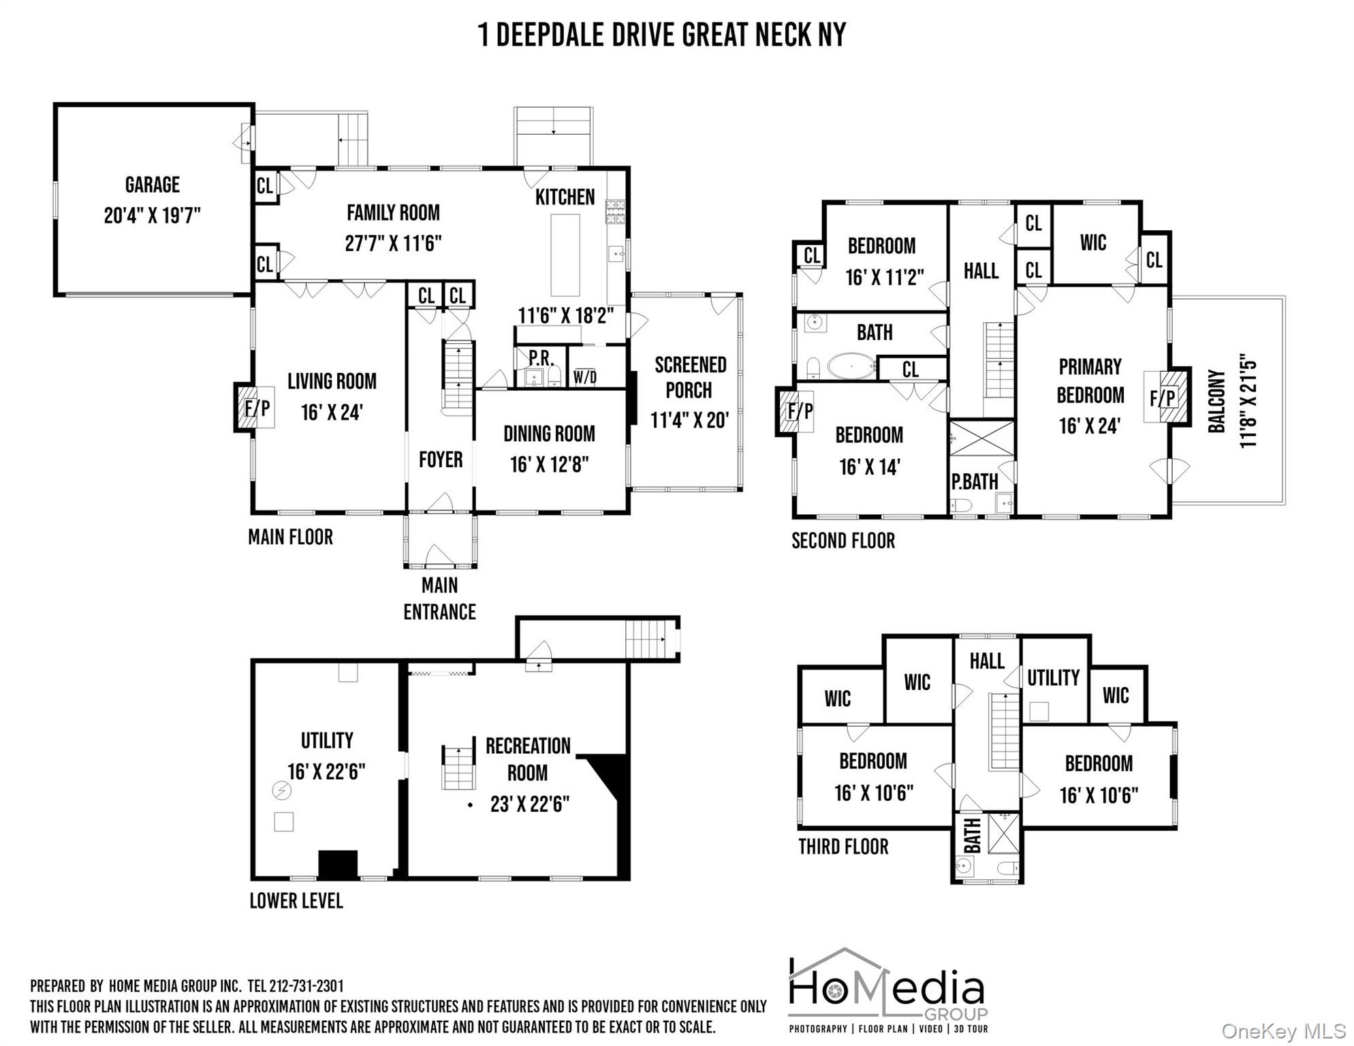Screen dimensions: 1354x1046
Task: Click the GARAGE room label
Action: pyautogui.click(x=152, y=185)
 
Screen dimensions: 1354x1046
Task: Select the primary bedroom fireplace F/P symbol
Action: pyautogui.click(x=1166, y=398)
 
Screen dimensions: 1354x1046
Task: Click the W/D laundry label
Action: pyautogui.click(x=585, y=377)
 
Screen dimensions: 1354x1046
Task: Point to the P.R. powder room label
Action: pyautogui.click(x=541, y=358)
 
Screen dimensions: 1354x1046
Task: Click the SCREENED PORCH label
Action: pyautogui.click(x=690, y=377)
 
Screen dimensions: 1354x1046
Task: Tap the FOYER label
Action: pyautogui.click(x=441, y=460)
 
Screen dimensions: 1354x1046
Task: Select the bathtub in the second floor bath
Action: pyautogui.click(x=852, y=366)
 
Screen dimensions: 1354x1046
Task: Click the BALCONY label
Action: pyautogui.click(x=1217, y=401)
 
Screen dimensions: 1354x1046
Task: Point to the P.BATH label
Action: pyautogui.click(x=975, y=481)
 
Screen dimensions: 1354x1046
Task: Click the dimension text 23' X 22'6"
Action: pyautogui.click(x=530, y=804)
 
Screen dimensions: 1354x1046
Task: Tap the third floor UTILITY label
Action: pyautogui.click(x=1053, y=678)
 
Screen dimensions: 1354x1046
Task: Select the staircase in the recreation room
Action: pyautogui.click(x=458, y=767)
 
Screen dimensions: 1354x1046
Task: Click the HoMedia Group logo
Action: pyautogui.click(x=888, y=991)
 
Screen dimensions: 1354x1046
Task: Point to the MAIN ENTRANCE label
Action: pyautogui.click(x=439, y=599)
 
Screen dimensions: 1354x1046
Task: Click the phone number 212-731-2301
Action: pyautogui.click(x=306, y=986)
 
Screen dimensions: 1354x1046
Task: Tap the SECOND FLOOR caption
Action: pyautogui.click(x=843, y=541)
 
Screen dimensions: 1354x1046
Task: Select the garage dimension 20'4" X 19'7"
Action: pyautogui.click(x=153, y=216)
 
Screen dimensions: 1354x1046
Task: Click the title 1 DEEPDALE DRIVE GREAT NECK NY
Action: pyautogui.click(x=662, y=35)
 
